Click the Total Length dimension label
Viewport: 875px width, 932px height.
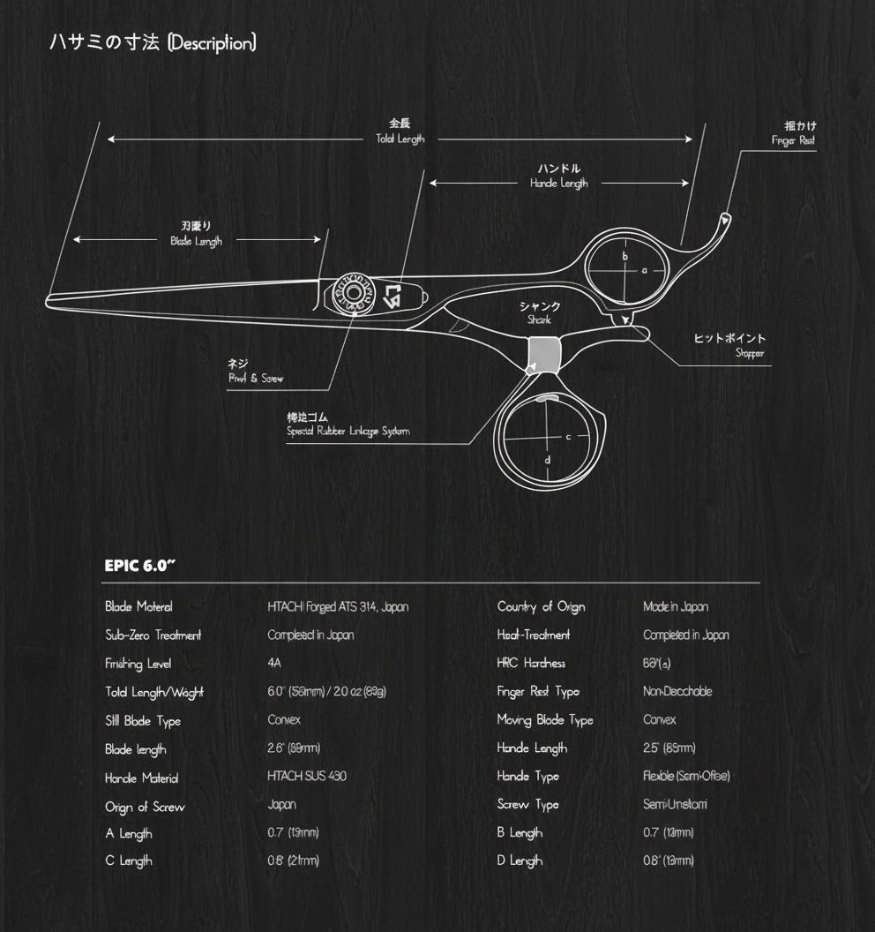[x=400, y=139]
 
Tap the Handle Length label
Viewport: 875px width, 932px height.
[x=558, y=183]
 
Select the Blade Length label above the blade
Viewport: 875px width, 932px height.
[x=196, y=240]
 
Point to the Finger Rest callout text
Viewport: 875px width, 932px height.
[x=793, y=140]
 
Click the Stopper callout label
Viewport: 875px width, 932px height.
[x=750, y=353]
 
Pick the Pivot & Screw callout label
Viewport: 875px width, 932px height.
[x=255, y=378]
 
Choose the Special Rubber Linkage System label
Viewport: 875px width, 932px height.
[x=348, y=432]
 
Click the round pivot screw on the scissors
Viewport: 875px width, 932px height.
[x=353, y=293]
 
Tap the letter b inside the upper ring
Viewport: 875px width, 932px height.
[x=624, y=257]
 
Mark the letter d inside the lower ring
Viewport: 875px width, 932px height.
[x=548, y=459]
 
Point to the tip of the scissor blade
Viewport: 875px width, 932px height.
[x=49, y=303]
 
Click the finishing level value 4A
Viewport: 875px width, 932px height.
[x=274, y=663]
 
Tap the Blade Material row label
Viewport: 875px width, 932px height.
[x=138, y=606]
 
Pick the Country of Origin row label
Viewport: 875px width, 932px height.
[x=541, y=606]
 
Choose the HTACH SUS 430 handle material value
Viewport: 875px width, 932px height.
[x=307, y=776]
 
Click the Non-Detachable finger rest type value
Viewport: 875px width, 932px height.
[x=677, y=691]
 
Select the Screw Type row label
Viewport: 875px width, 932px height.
[x=527, y=804]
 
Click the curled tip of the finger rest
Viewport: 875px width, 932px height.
[x=726, y=217]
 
